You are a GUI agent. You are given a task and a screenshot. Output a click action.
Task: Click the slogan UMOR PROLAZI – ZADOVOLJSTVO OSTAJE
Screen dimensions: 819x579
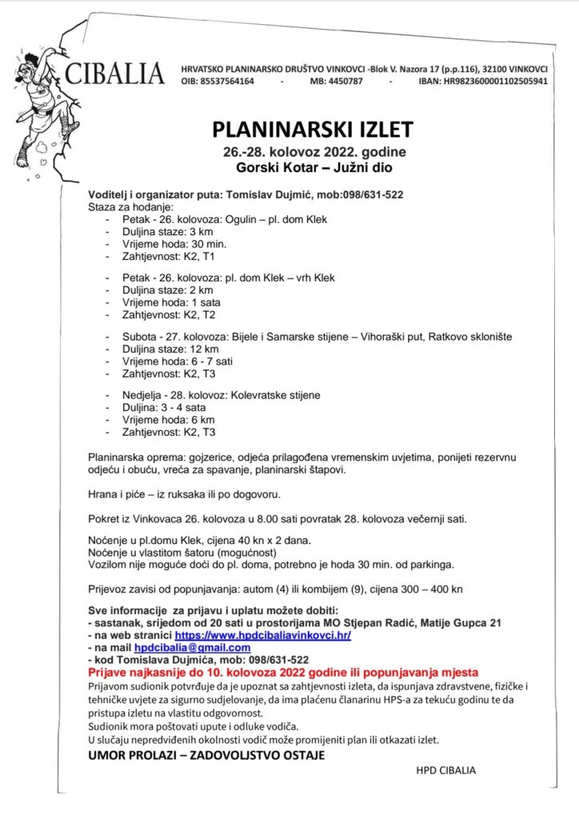click(x=206, y=756)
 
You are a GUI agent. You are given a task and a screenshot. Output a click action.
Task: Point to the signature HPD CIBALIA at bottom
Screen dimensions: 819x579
click(x=445, y=771)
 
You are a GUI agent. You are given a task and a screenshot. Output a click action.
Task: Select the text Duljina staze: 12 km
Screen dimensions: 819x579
click(x=170, y=350)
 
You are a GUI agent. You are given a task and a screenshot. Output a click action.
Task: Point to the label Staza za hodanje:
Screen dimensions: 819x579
click(x=126, y=206)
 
